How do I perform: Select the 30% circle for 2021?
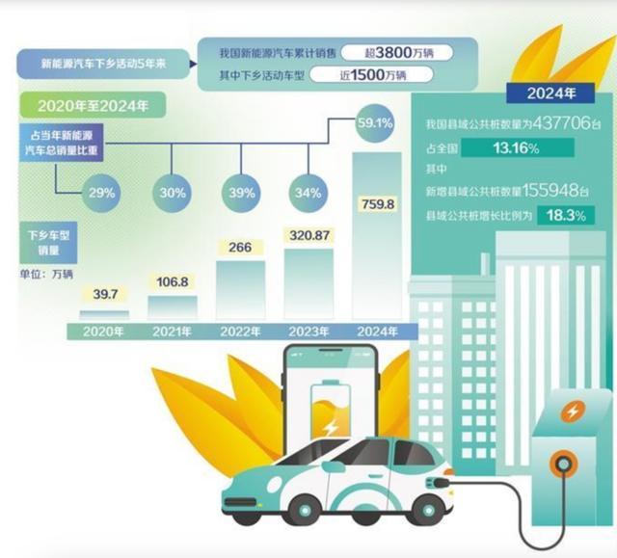173,193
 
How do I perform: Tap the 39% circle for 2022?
239,193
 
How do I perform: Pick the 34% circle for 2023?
308,193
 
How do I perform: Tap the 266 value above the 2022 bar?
240,248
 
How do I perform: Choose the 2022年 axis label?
240,331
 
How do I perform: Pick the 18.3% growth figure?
566,215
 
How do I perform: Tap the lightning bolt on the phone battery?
331,425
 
